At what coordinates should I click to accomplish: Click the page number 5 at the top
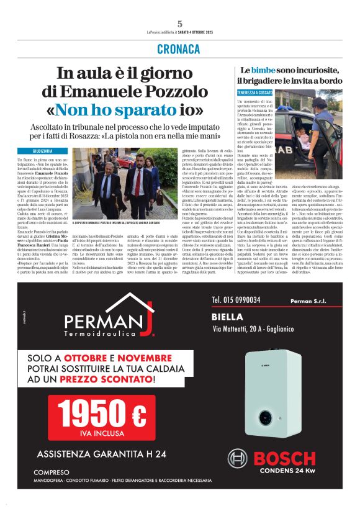179,23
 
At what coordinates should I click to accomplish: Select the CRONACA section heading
179,48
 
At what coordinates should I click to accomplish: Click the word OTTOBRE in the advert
93,359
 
